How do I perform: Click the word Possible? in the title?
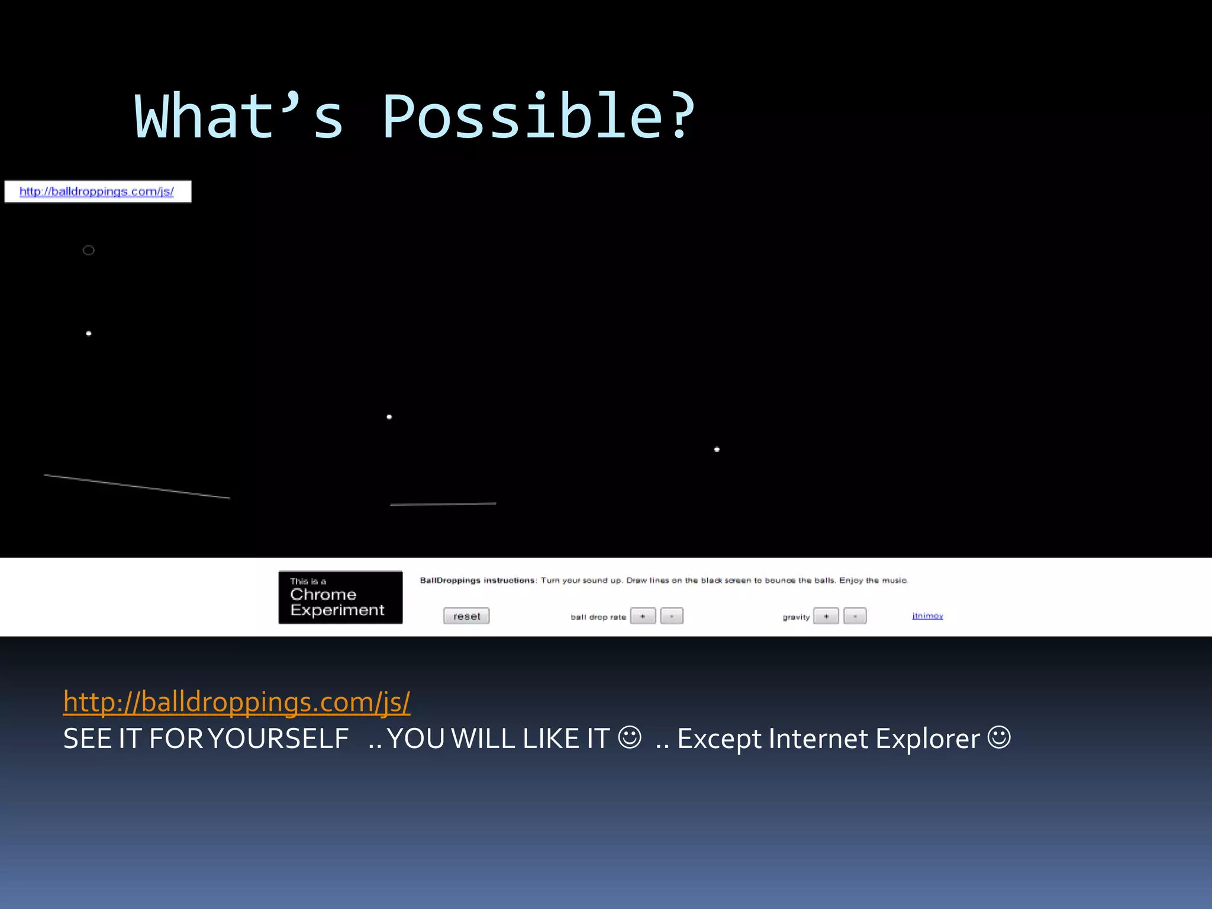[539, 117]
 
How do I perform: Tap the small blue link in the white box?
[96, 192]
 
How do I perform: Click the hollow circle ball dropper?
[89, 250]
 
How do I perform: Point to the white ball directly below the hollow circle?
[89, 334]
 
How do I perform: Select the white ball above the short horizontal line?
[389, 417]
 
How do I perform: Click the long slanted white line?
[137, 486]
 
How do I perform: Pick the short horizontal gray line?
[443, 504]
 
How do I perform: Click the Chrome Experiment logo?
[340, 597]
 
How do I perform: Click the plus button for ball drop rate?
[643, 616]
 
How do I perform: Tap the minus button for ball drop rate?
[672, 616]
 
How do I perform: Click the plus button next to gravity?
[826, 616]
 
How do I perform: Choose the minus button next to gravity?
[855, 616]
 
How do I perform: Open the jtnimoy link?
[927, 615]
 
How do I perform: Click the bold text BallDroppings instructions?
[478, 581]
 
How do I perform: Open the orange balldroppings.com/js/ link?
[237, 702]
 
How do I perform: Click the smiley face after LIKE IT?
[629, 737]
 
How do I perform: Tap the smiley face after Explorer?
[1000, 737]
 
